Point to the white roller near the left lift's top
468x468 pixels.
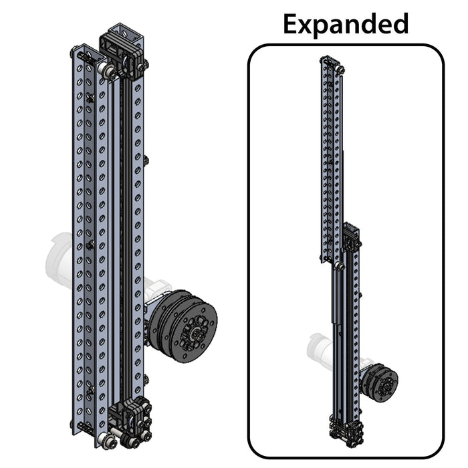104,70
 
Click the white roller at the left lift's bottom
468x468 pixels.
107,441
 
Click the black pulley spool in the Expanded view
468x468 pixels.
380,382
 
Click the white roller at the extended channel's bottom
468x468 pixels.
339,266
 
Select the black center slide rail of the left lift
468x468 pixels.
124,234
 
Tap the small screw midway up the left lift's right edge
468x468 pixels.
147,160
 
